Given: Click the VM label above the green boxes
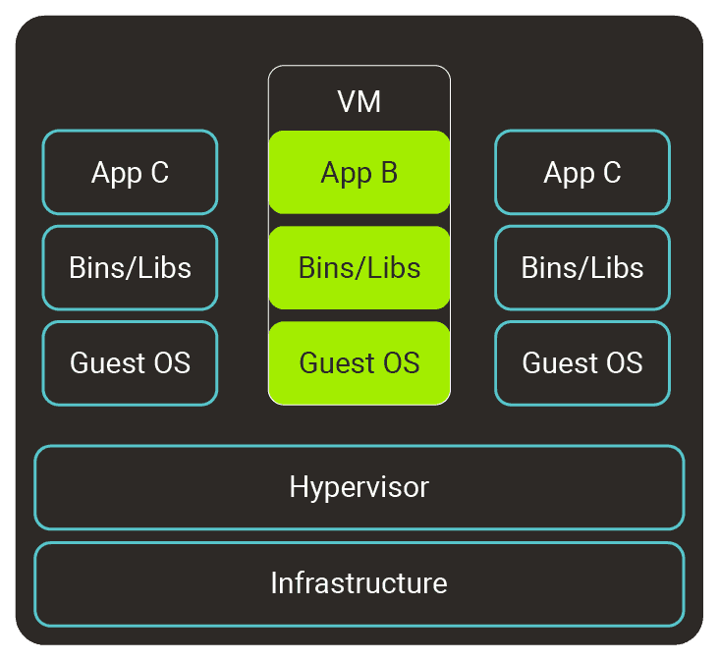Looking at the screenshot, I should tap(359, 102).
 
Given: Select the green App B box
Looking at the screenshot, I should tap(359, 173).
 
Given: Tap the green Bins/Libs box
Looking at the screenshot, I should tap(359, 267).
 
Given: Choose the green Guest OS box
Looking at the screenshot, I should tap(359, 362).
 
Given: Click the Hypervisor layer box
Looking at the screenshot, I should tap(359, 487).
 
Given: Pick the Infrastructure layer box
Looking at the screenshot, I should tap(359, 583).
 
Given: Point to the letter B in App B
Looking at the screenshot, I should tap(388, 174).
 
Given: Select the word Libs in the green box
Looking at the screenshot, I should tap(393, 267).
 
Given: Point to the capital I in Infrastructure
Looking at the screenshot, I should tap(274, 583).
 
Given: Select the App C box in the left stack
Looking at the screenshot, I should tap(130, 173).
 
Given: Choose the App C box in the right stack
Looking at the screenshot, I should tap(582, 173).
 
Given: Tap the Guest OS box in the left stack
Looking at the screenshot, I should tap(130, 362).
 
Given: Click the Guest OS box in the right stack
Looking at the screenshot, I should tap(582, 362).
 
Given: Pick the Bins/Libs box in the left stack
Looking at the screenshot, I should tap(130, 267).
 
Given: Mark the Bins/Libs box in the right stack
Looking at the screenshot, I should tap(582, 267).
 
